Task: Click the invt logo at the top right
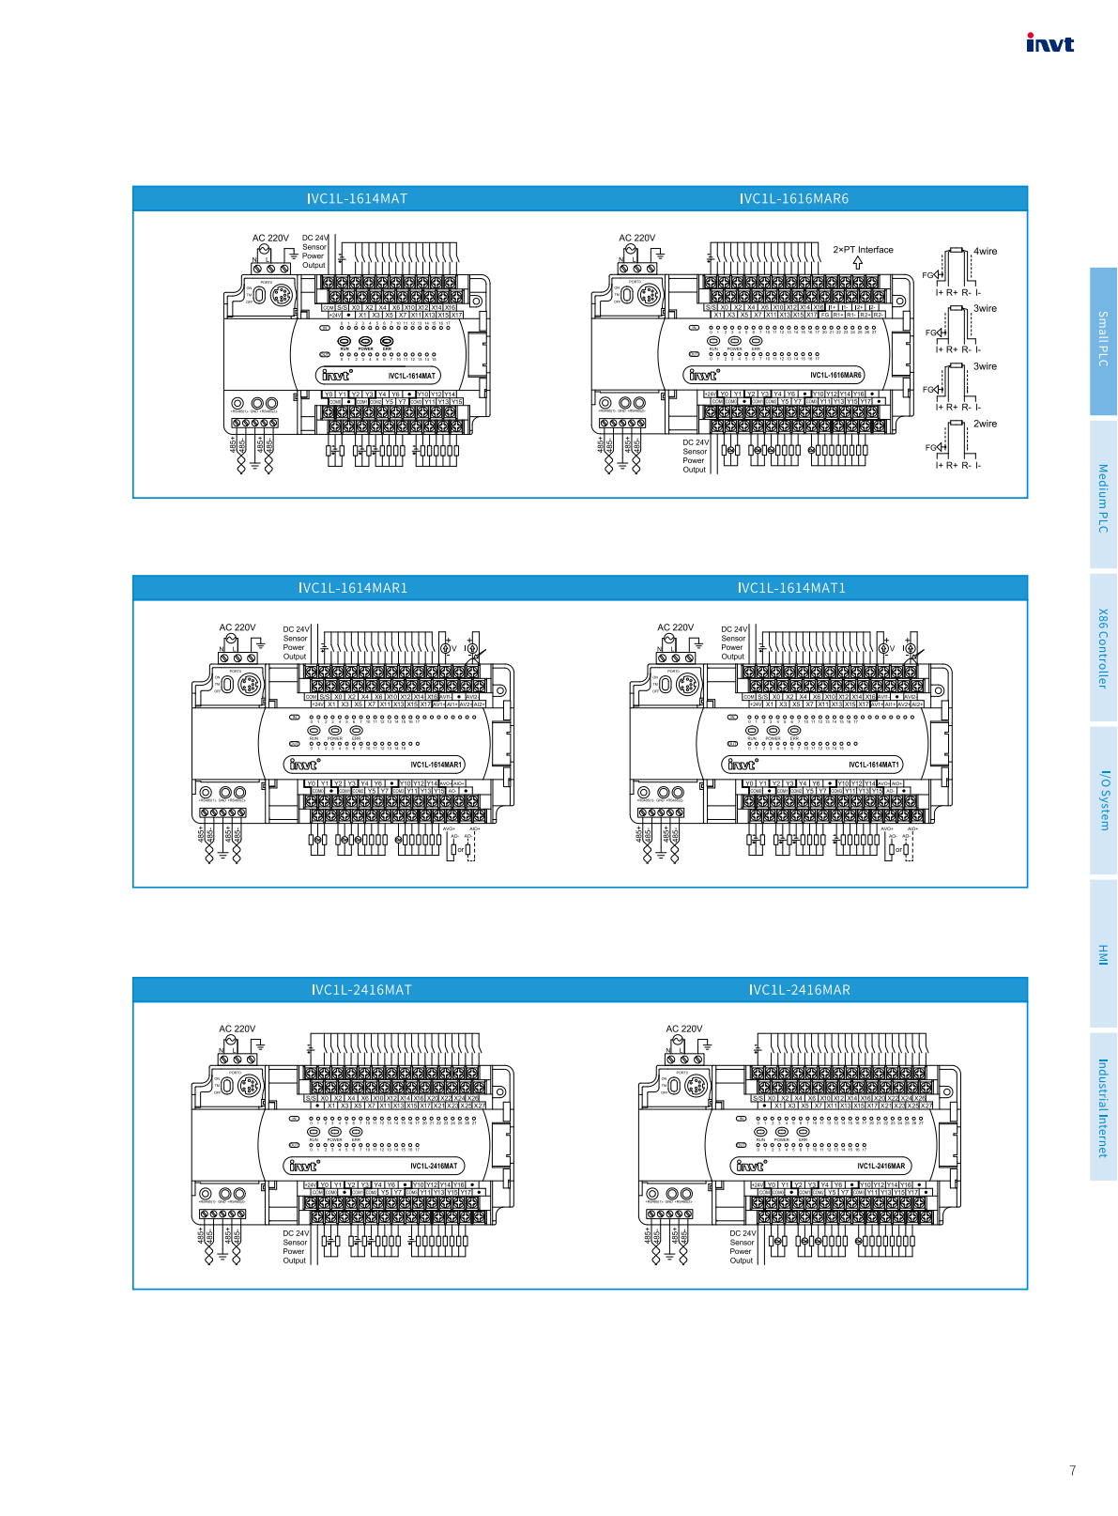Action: (1049, 43)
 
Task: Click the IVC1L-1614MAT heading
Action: (357, 199)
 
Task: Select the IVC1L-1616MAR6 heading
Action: (794, 199)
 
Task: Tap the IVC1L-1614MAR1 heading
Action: (353, 588)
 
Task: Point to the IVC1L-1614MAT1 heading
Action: (791, 588)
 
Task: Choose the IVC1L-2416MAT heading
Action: (361, 990)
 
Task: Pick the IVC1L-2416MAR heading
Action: (800, 990)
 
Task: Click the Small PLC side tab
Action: (1103, 339)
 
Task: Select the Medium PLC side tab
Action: (1103, 498)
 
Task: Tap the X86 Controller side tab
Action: (1103, 648)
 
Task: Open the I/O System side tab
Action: (1103, 800)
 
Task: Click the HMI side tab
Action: (1103, 954)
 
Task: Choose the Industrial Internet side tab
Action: (1103, 1107)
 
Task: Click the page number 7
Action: (1072, 1470)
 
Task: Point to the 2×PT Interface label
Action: (863, 250)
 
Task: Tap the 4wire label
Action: (985, 251)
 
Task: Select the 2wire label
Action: (985, 424)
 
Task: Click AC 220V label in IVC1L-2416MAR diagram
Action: (683, 1029)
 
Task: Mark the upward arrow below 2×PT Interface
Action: (857, 263)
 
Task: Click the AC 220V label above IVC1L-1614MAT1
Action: (675, 627)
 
